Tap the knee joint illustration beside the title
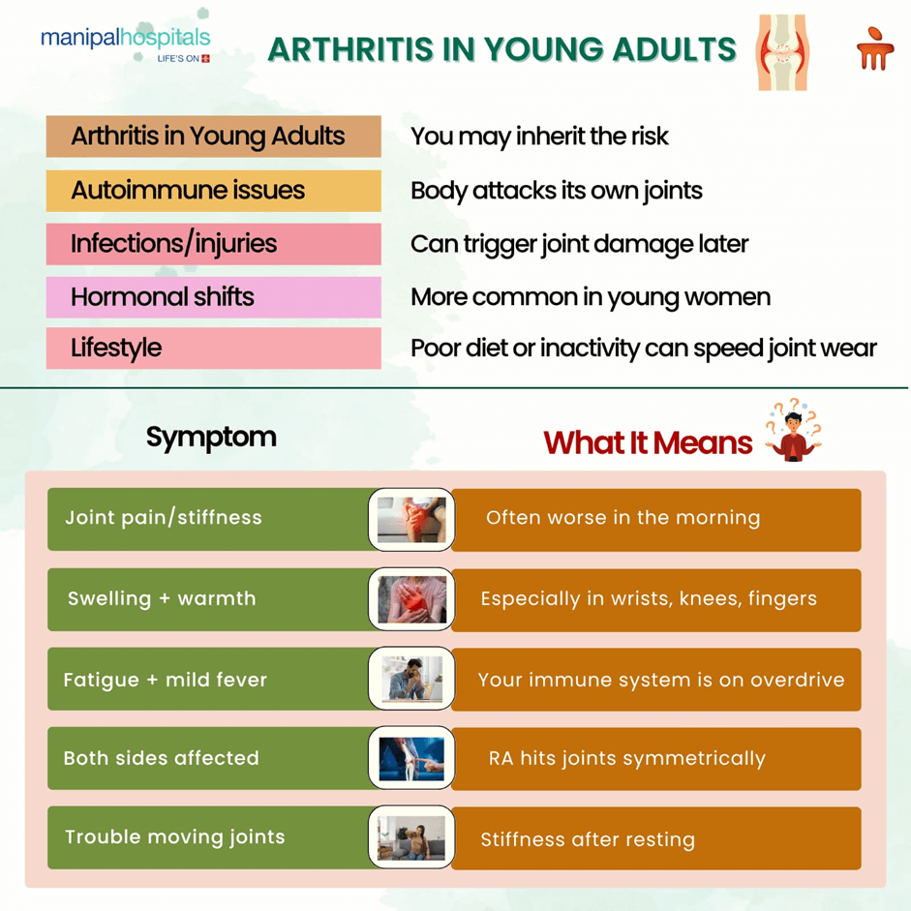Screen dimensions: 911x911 [x=782, y=52]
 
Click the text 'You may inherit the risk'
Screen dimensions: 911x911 [x=539, y=137]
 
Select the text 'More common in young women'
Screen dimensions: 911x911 [x=591, y=297]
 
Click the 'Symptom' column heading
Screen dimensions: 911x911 [x=211, y=438]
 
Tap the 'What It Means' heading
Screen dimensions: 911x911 [x=648, y=442]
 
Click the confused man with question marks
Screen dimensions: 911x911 [x=793, y=432]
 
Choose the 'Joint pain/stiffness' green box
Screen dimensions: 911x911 [x=208, y=519]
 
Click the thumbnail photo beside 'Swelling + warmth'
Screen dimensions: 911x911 [x=411, y=599]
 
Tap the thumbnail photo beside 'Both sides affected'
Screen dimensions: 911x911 [x=411, y=758]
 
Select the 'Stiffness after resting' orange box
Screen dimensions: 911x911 [x=656, y=838]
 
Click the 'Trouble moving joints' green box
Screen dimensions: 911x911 [x=208, y=837]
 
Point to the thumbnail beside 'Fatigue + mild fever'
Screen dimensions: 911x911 [x=411, y=679]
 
